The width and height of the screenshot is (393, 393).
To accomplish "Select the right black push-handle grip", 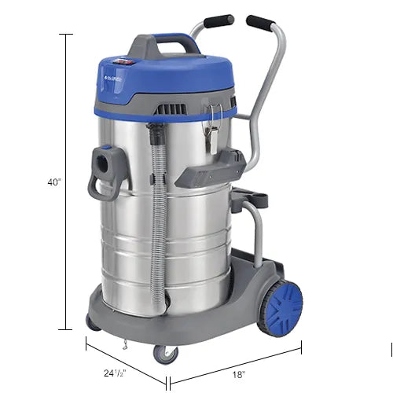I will pyautogui.click(x=261, y=23).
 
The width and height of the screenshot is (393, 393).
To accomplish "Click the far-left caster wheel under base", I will pyautogui.click(x=93, y=321).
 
